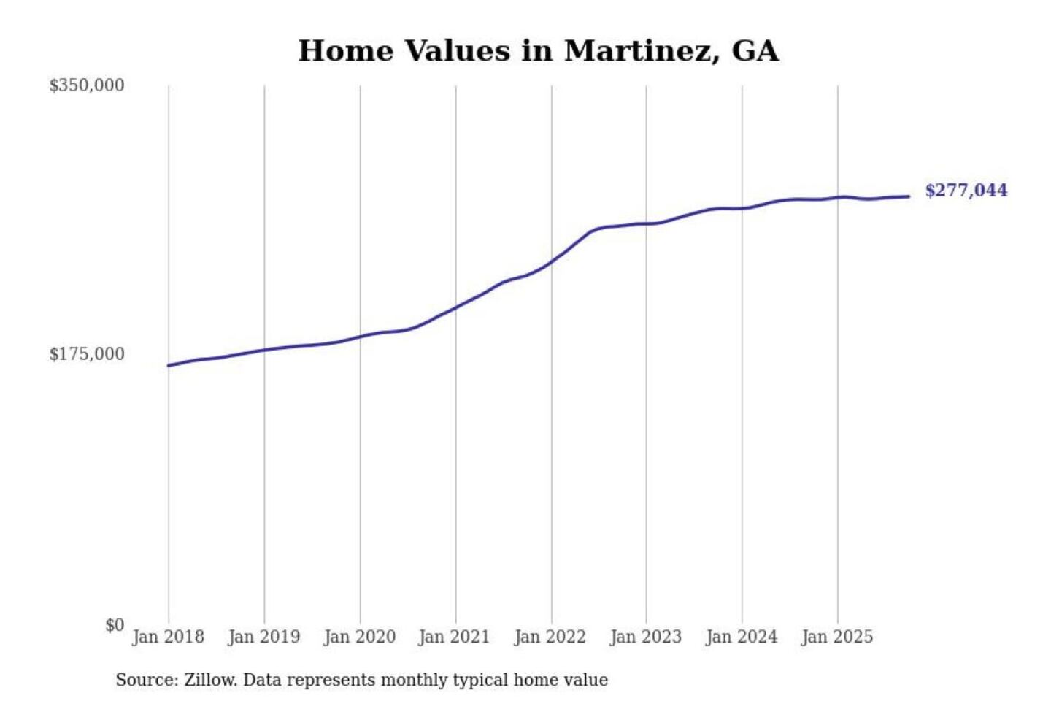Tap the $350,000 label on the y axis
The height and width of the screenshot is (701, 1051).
(86, 85)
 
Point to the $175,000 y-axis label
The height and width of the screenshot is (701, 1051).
(86, 354)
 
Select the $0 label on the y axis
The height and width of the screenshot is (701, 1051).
(114, 625)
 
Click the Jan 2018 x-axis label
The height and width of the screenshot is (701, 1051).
(168, 637)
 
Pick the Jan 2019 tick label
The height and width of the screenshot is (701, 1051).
(263, 637)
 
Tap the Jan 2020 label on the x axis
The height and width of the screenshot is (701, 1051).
(359, 637)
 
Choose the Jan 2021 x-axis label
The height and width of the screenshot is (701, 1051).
(454, 637)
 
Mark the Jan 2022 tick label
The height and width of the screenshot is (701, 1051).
(550, 637)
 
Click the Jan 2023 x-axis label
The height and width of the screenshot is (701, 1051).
(645, 637)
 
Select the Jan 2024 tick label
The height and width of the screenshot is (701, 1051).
(741, 637)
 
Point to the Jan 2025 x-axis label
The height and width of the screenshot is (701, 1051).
(836, 637)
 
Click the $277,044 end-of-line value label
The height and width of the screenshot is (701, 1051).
(966, 191)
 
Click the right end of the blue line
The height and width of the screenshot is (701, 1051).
(909, 196)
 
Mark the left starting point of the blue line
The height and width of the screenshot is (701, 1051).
(169, 365)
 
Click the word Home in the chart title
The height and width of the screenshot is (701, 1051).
(345, 51)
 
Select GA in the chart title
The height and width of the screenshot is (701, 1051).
(755, 51)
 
